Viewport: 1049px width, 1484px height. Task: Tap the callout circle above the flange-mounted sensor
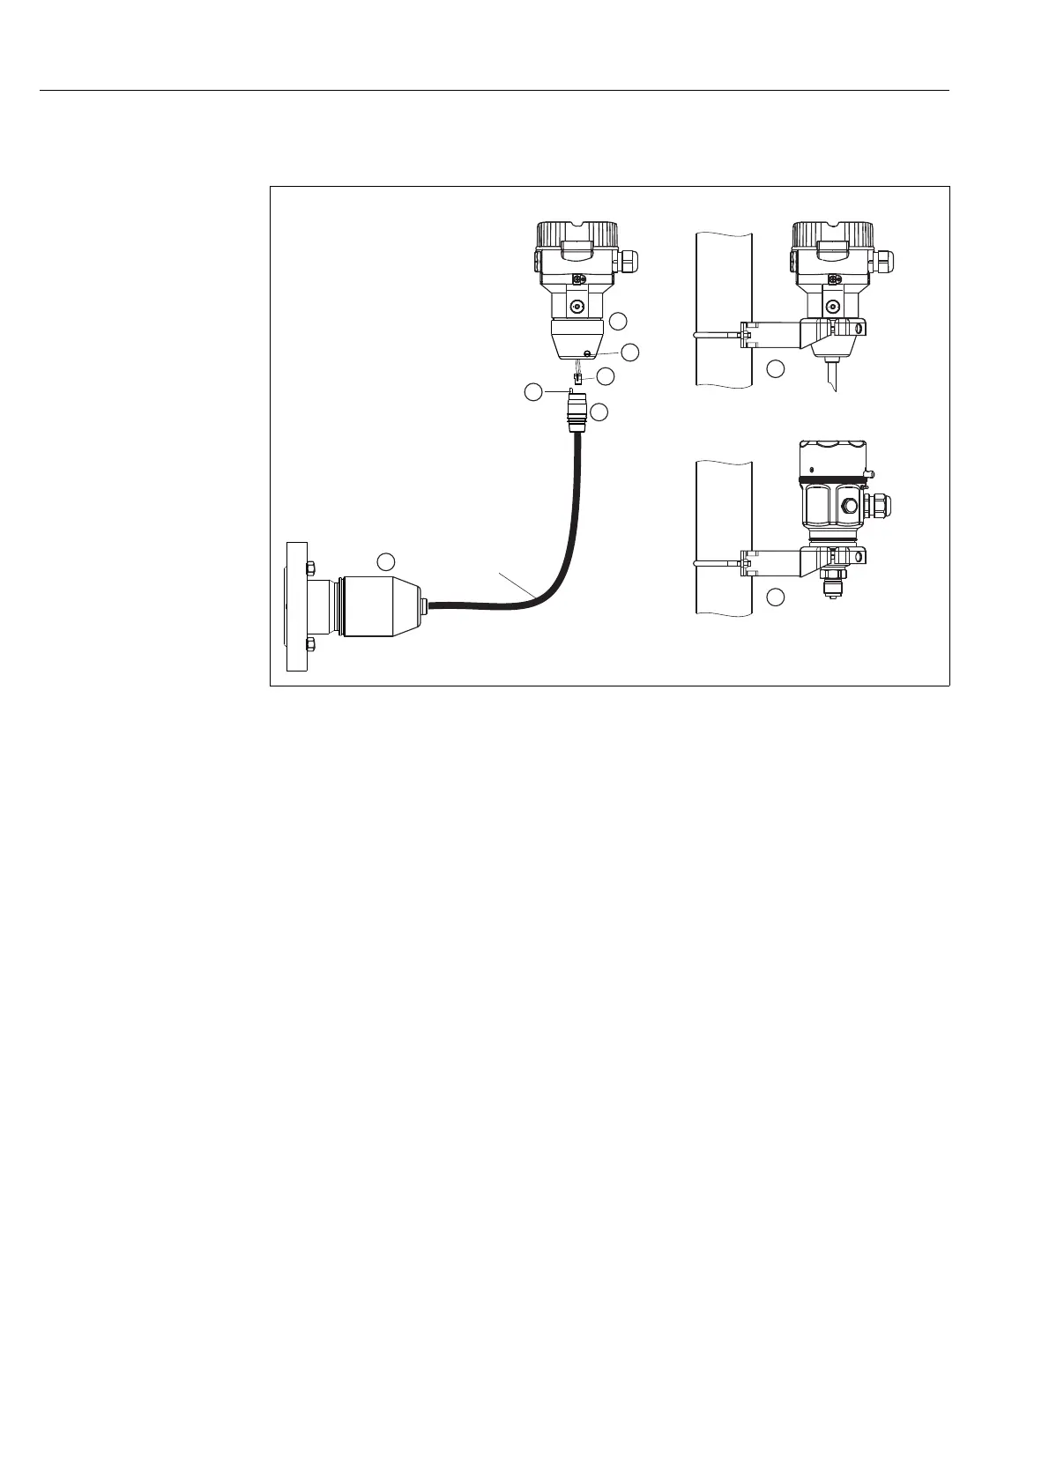point(384,560)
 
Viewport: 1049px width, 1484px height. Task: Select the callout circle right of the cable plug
point(599,412)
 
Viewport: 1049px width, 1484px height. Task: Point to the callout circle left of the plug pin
point(533,392)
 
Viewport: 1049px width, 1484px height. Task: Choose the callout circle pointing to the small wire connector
point(605,375)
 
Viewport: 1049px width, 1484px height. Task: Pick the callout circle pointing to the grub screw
point(629,352)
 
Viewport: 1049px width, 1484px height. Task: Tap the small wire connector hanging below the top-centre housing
point(577,378)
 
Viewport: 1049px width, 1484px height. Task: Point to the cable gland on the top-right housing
point(882,261)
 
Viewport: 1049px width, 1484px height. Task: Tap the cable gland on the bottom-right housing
point(880,505)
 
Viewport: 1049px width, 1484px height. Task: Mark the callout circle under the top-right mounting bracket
point(775,368)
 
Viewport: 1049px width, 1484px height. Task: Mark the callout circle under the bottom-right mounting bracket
point(775,598)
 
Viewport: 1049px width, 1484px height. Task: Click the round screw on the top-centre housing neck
point(577,307)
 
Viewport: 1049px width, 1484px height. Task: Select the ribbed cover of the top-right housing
point(833,235)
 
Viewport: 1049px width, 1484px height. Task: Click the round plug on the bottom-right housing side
point(847,506)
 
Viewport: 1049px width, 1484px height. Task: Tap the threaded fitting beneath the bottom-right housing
point(831,584)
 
